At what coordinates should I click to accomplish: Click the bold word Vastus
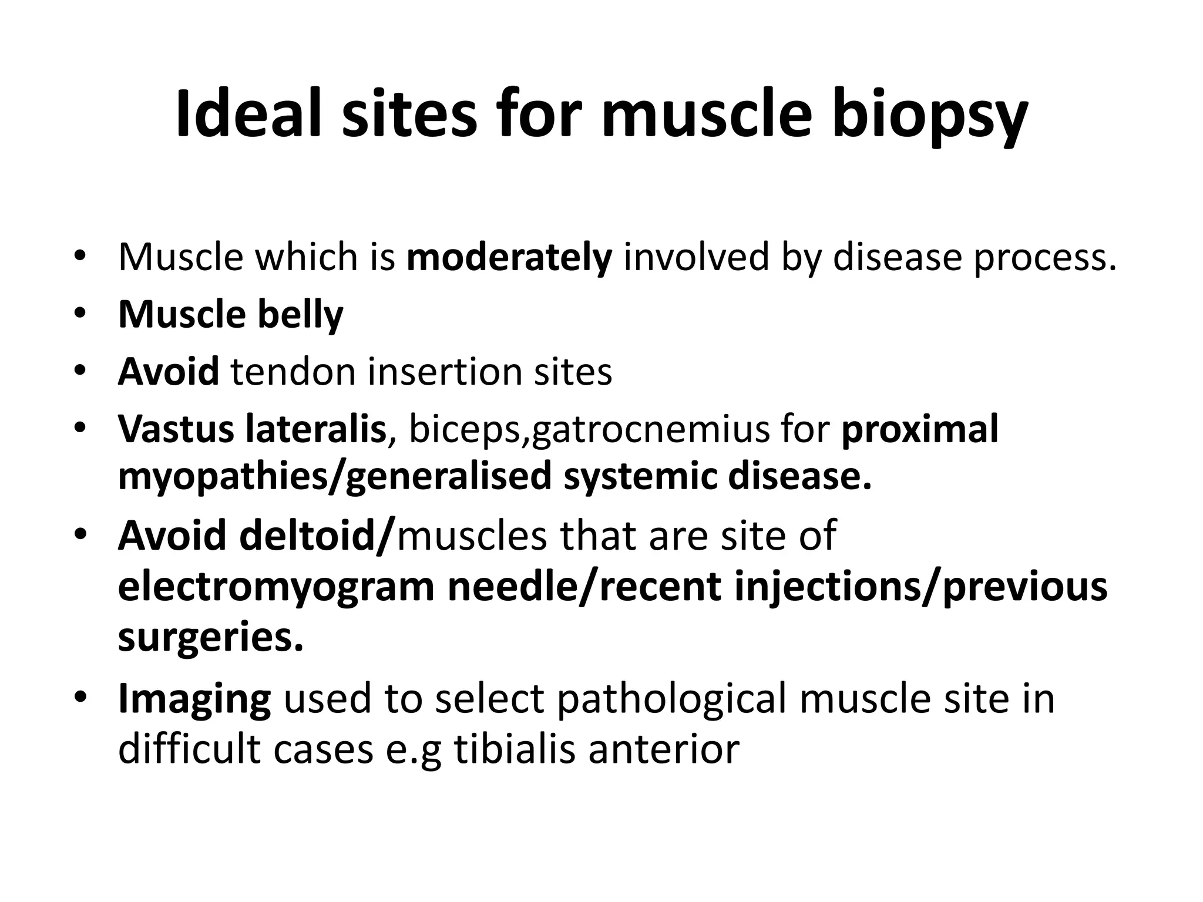click(175, 429)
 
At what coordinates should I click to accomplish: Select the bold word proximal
click(920, 429)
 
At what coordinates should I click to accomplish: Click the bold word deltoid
click(314, 536)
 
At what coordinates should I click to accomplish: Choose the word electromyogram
click(276, 587)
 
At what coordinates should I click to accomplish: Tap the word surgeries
click(210, 638)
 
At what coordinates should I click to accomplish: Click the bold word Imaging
click(194, 699)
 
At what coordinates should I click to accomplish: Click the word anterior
click(663, 749)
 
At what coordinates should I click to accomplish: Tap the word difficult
click(187, 749)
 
